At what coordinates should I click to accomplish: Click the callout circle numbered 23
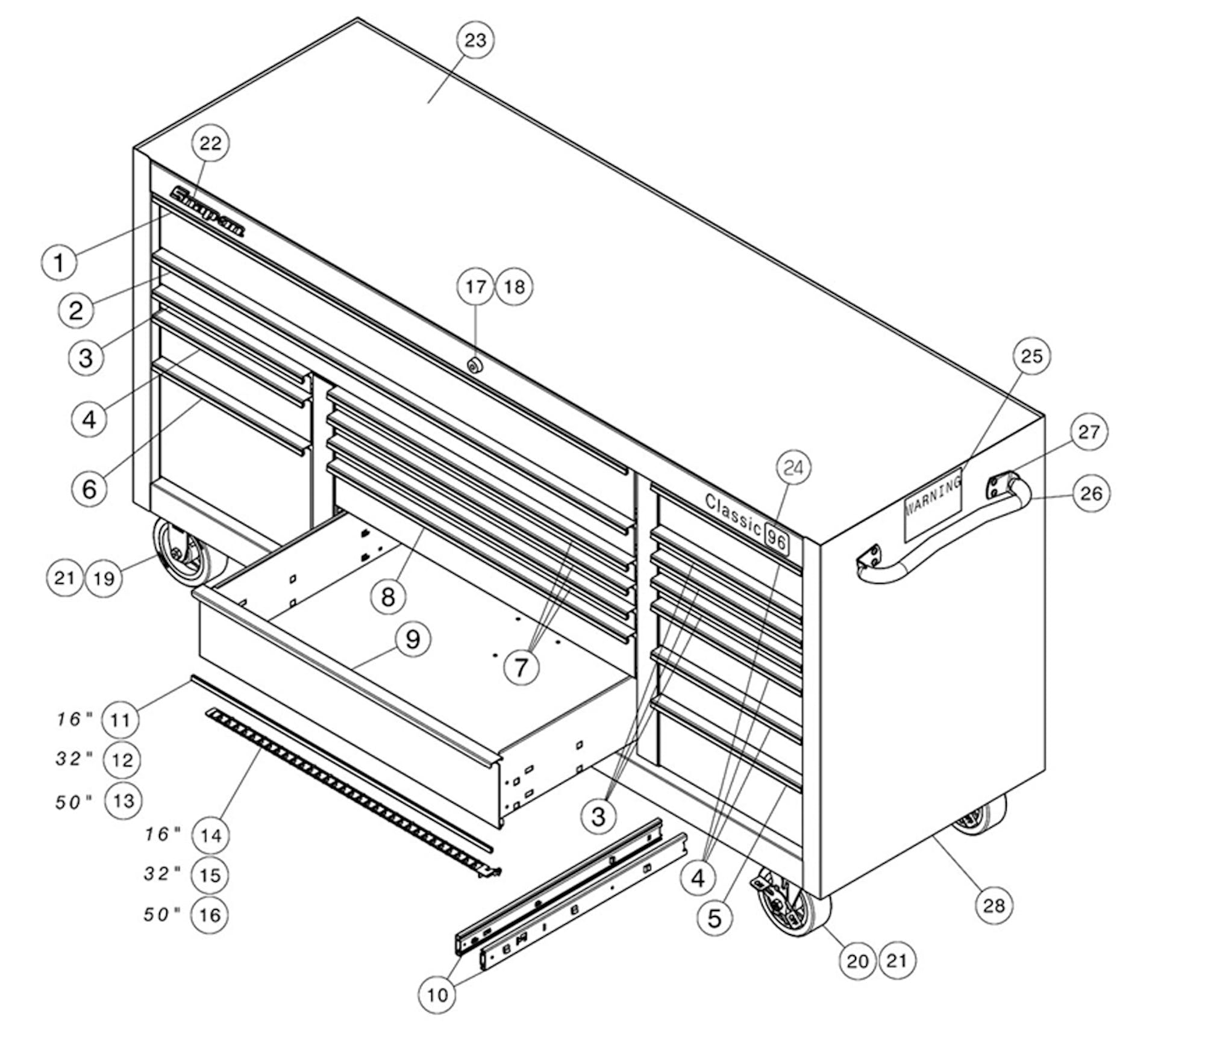[x=475, y=40]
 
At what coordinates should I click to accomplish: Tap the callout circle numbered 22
[x=210, y=143]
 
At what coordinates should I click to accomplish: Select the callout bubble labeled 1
[x=59, y=263]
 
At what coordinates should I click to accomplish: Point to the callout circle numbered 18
[x=514, y=287]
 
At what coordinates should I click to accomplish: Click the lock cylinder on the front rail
[x=474, y=364]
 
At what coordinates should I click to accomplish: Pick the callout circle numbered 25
[x=1031, y=356]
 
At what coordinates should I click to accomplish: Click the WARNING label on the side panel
[x=933, y=503]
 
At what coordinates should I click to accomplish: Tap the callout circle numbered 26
[x=1091, y=493]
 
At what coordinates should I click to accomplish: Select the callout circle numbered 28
[x=994, y=905]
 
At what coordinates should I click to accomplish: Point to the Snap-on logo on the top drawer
[x=208, y=211]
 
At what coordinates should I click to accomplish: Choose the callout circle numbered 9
[x=413, y=639]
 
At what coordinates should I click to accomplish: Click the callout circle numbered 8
[x=388, y=597]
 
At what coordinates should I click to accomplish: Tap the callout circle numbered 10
[x=437, y=995]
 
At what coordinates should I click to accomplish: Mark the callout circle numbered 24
[x=793, y=467]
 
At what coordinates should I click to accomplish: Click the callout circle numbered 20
[x=857, y=961]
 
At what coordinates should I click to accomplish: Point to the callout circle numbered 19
[x=103, y=578]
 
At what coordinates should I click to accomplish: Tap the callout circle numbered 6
[x=89, y=488]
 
